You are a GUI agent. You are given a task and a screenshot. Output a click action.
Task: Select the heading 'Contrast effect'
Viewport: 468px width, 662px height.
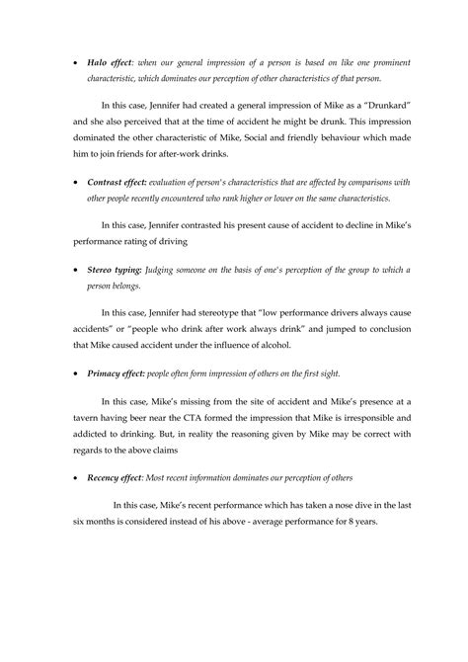click(x=122, y=183)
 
